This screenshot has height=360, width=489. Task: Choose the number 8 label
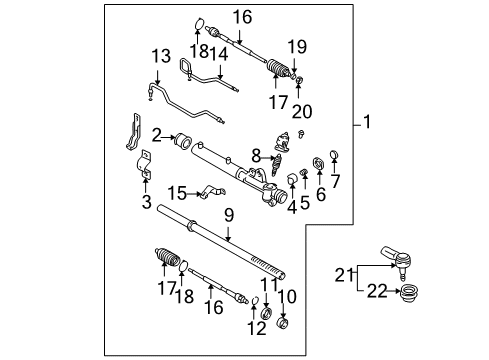257,156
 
